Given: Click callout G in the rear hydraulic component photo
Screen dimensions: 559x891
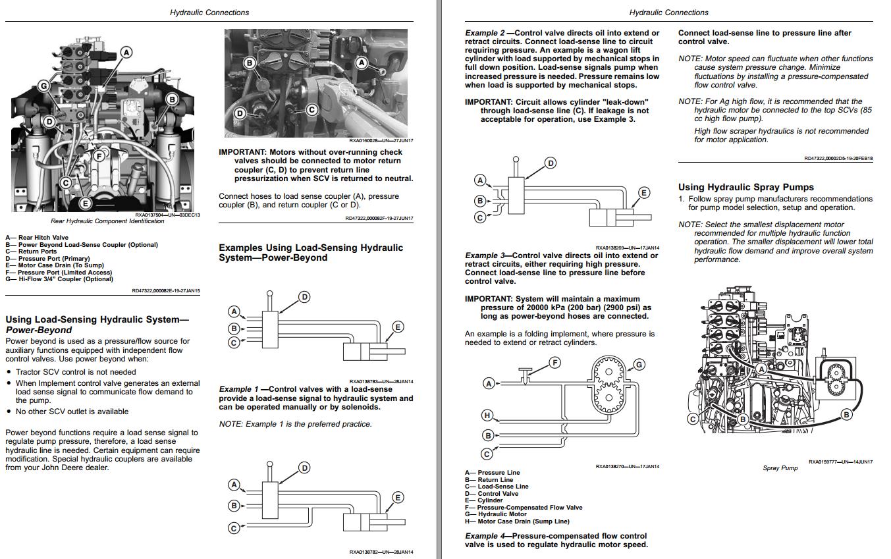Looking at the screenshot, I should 44,86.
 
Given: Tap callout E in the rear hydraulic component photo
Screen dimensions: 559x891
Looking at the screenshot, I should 84,203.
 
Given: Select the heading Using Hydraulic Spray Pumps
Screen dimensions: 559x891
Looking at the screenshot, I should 745,187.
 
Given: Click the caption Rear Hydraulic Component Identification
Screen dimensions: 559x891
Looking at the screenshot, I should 107,221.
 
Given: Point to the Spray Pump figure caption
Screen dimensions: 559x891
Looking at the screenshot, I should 780,468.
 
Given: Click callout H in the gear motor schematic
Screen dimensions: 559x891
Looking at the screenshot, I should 487,415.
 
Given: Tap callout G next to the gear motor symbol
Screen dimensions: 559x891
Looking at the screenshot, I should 638,365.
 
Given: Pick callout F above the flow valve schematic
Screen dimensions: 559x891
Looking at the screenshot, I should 554,362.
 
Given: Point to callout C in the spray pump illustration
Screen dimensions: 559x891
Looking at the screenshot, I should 693,418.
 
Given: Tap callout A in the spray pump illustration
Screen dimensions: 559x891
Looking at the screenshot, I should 761,369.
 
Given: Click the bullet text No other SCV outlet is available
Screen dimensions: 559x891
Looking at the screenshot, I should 72,412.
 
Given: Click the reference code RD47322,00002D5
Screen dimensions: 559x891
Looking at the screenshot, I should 828,158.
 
